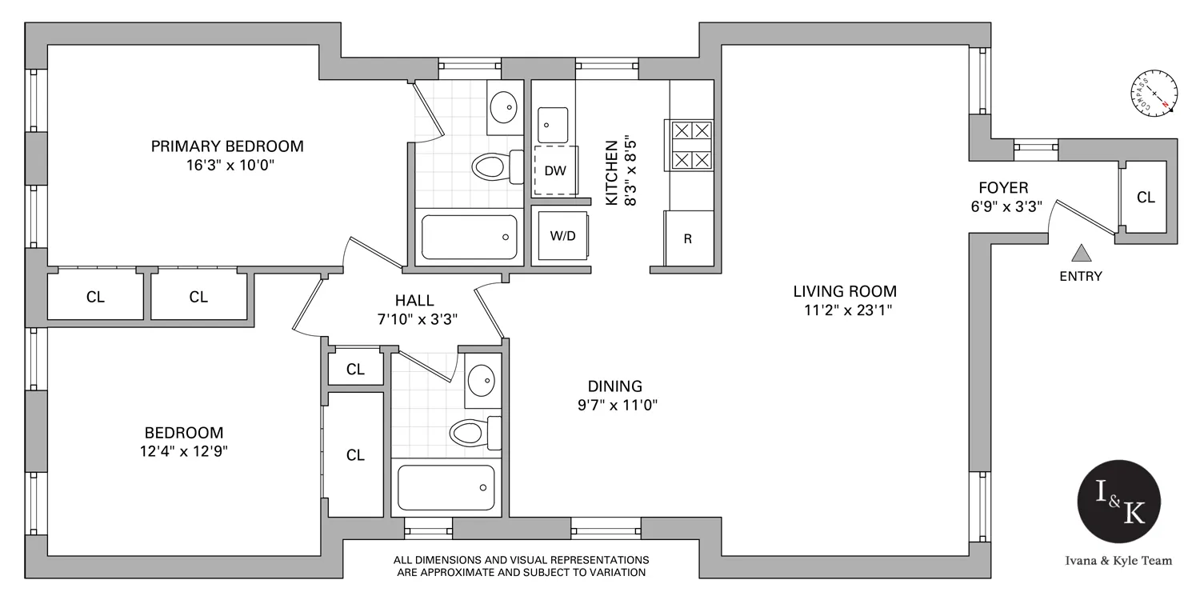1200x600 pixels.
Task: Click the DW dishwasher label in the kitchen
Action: [555, 170]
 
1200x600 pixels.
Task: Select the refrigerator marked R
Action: [688, 238]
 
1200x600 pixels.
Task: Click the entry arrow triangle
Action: [1082, 254]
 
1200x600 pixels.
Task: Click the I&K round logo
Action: [1119, 503]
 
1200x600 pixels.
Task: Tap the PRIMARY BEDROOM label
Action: [228, 146]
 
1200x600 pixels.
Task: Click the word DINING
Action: [609, 386]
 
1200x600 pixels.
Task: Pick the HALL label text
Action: [414, 301]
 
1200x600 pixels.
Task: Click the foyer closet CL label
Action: [1146, 197]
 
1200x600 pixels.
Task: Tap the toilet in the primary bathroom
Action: [490, 167]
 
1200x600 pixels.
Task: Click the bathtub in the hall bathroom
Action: [446, 486]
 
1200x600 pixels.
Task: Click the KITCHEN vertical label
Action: [612, 173]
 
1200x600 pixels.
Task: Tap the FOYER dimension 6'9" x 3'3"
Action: [1003, 206]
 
